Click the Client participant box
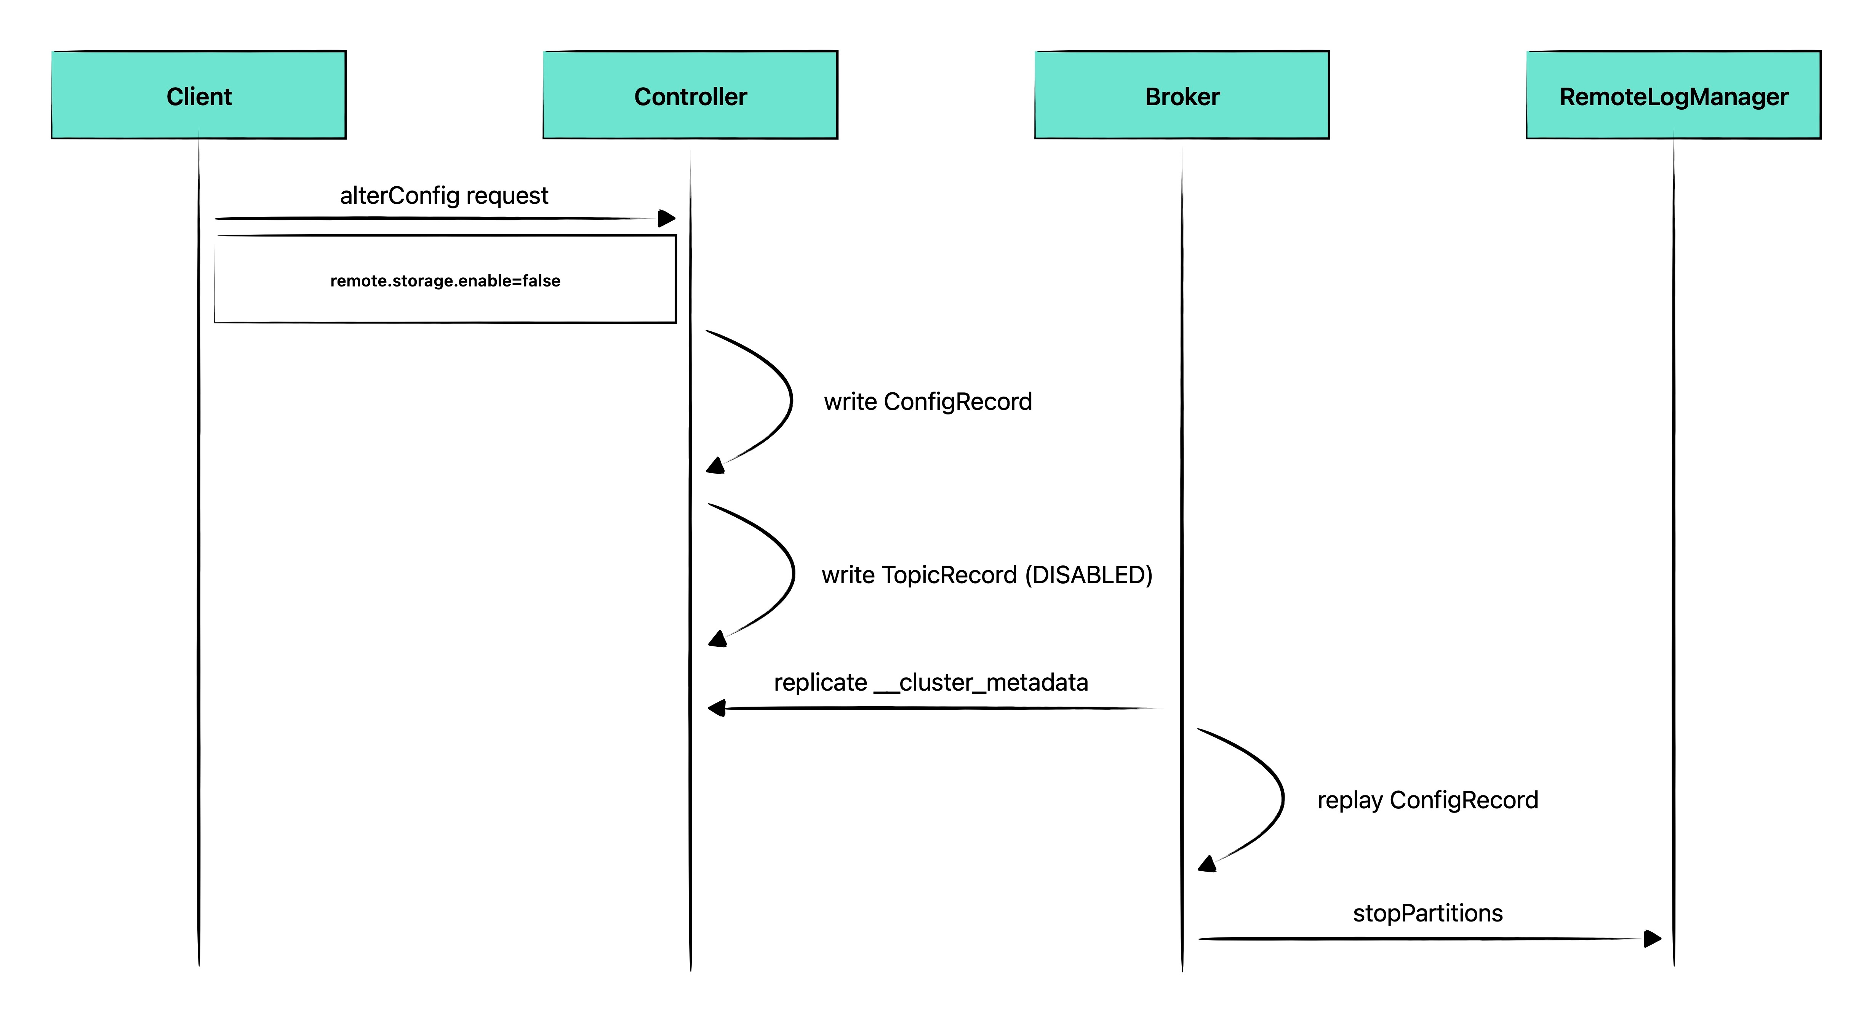point(198,94)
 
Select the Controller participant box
point(690,94)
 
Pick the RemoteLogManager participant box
point(1674,94)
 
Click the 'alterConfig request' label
point(444,195)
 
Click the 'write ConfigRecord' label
point(928,401)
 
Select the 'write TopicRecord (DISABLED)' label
point(987,575)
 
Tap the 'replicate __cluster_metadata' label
point(931,683)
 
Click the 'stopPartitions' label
point(1427,913)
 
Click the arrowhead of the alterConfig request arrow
point(667,218)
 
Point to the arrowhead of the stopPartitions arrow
point(1653,938)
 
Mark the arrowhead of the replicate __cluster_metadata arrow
point(717,708)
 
